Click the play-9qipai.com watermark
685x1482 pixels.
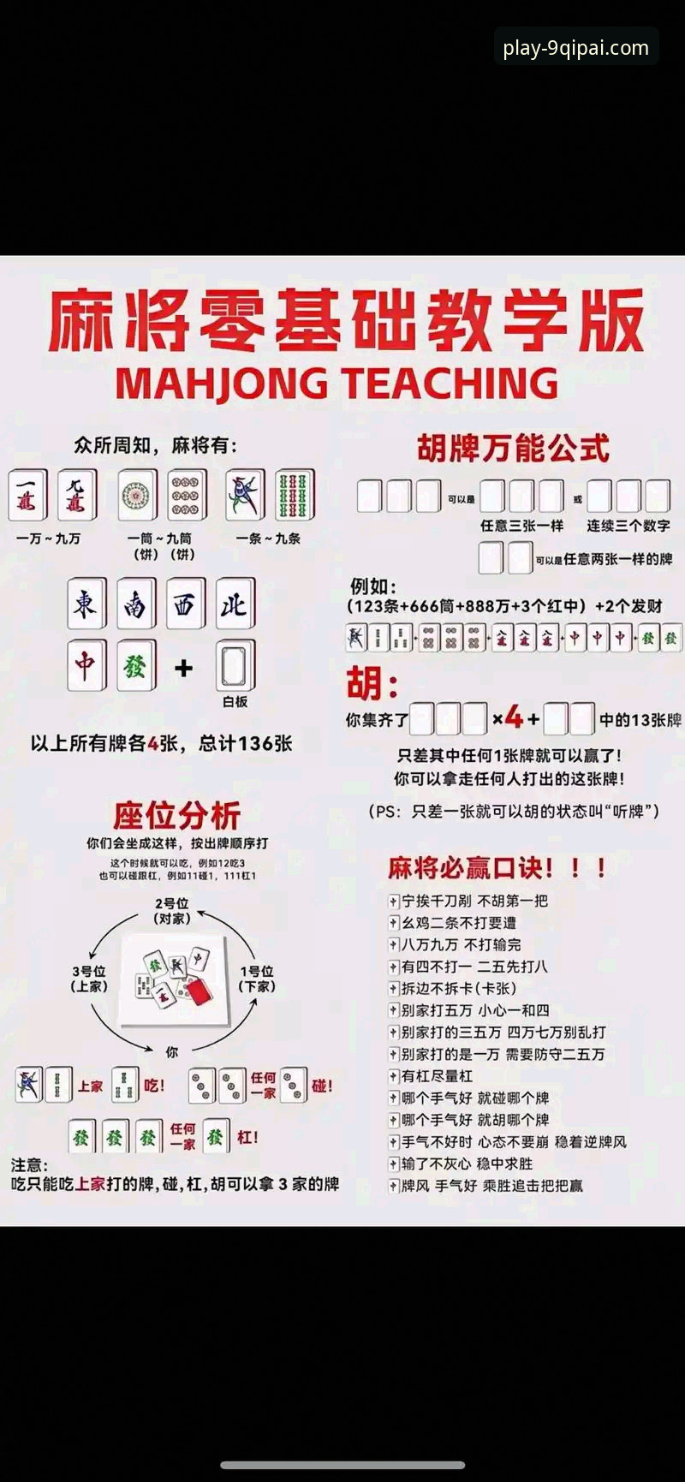[x=575, y=48]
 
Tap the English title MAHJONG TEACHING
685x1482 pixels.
[x=337, y=383]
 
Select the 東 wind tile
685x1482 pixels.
[x=86, y=604]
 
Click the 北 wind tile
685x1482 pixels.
[x=235, y=604]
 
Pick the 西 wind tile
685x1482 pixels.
[x=185, y=604]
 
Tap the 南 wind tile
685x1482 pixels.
[x=135, y=604]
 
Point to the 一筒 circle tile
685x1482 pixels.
[x=137, y=495]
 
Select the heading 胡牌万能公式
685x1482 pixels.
[x=513, y=449]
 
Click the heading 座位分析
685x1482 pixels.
[x=177, y=815]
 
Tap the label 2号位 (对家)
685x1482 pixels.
[x=172, y=911]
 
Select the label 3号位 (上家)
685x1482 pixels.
[x=89, y=979]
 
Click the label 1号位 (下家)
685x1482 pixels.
[x=257, y=979]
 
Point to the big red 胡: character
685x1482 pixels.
[x=372, y=684]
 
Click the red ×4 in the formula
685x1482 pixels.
[x=508, y=717]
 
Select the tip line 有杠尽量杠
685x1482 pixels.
[x=437, y=1076]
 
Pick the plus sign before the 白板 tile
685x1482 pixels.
[x=183, y=668]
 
